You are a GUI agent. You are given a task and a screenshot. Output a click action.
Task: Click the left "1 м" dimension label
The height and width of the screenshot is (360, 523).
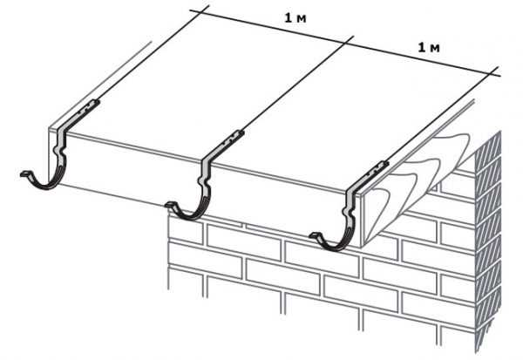[x=295, y=18]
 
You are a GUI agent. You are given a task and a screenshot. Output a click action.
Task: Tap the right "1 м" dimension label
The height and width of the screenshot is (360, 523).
[x=429, y=48]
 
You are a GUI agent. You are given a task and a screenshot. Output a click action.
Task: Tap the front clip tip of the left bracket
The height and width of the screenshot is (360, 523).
[x=23, y=174]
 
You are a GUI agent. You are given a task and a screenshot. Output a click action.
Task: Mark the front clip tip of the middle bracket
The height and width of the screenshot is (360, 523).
[x=168, y=205]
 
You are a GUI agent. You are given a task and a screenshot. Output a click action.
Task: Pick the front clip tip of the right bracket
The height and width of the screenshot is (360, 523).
[x=312, y=235]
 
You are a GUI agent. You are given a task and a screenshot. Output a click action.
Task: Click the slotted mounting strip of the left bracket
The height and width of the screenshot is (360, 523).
[x=80, y=114]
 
